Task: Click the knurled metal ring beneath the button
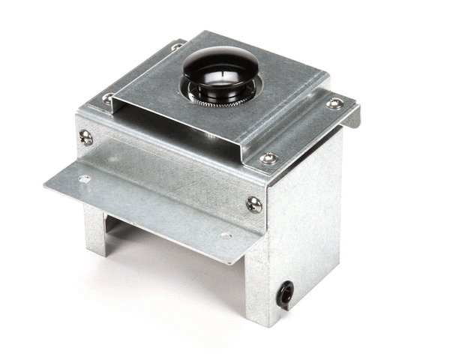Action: (x=217, y=99)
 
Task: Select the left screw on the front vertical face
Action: (x=86, y=137)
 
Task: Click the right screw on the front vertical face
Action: (x=254, y=204)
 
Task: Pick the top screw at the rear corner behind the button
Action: (x=177, y=46)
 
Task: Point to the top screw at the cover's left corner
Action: (x=109, y=97)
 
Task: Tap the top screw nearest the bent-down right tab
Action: (x=335, y=103)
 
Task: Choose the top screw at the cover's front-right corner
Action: (x=268, y=158)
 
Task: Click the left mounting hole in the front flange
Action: (x=84, y=179)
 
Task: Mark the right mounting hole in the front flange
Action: (x=224, y=235)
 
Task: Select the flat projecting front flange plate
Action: (x=150, y=202)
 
